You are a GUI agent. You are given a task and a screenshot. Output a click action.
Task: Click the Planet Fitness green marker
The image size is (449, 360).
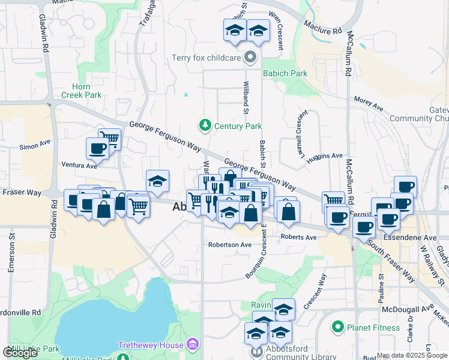click(338, 328)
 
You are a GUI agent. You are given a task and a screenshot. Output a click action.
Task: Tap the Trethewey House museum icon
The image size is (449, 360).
click(193, 344)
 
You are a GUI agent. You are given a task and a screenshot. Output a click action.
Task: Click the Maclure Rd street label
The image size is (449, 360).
click(322, 27)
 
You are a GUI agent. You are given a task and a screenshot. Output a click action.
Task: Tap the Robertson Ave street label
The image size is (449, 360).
click(230, 245)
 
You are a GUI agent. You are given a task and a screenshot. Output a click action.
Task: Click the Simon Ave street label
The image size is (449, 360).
click(35, 145)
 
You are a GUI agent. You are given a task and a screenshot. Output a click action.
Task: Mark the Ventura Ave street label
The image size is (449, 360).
click(79, 165)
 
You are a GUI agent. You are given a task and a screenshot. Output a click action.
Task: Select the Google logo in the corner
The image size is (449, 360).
click(20, 353)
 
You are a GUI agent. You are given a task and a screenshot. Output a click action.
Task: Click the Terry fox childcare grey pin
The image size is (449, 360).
click(251, 58)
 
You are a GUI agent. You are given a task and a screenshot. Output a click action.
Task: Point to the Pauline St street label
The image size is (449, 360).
click(381, 289)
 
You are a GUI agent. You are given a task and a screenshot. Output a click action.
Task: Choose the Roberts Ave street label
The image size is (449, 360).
click(298, 238)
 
